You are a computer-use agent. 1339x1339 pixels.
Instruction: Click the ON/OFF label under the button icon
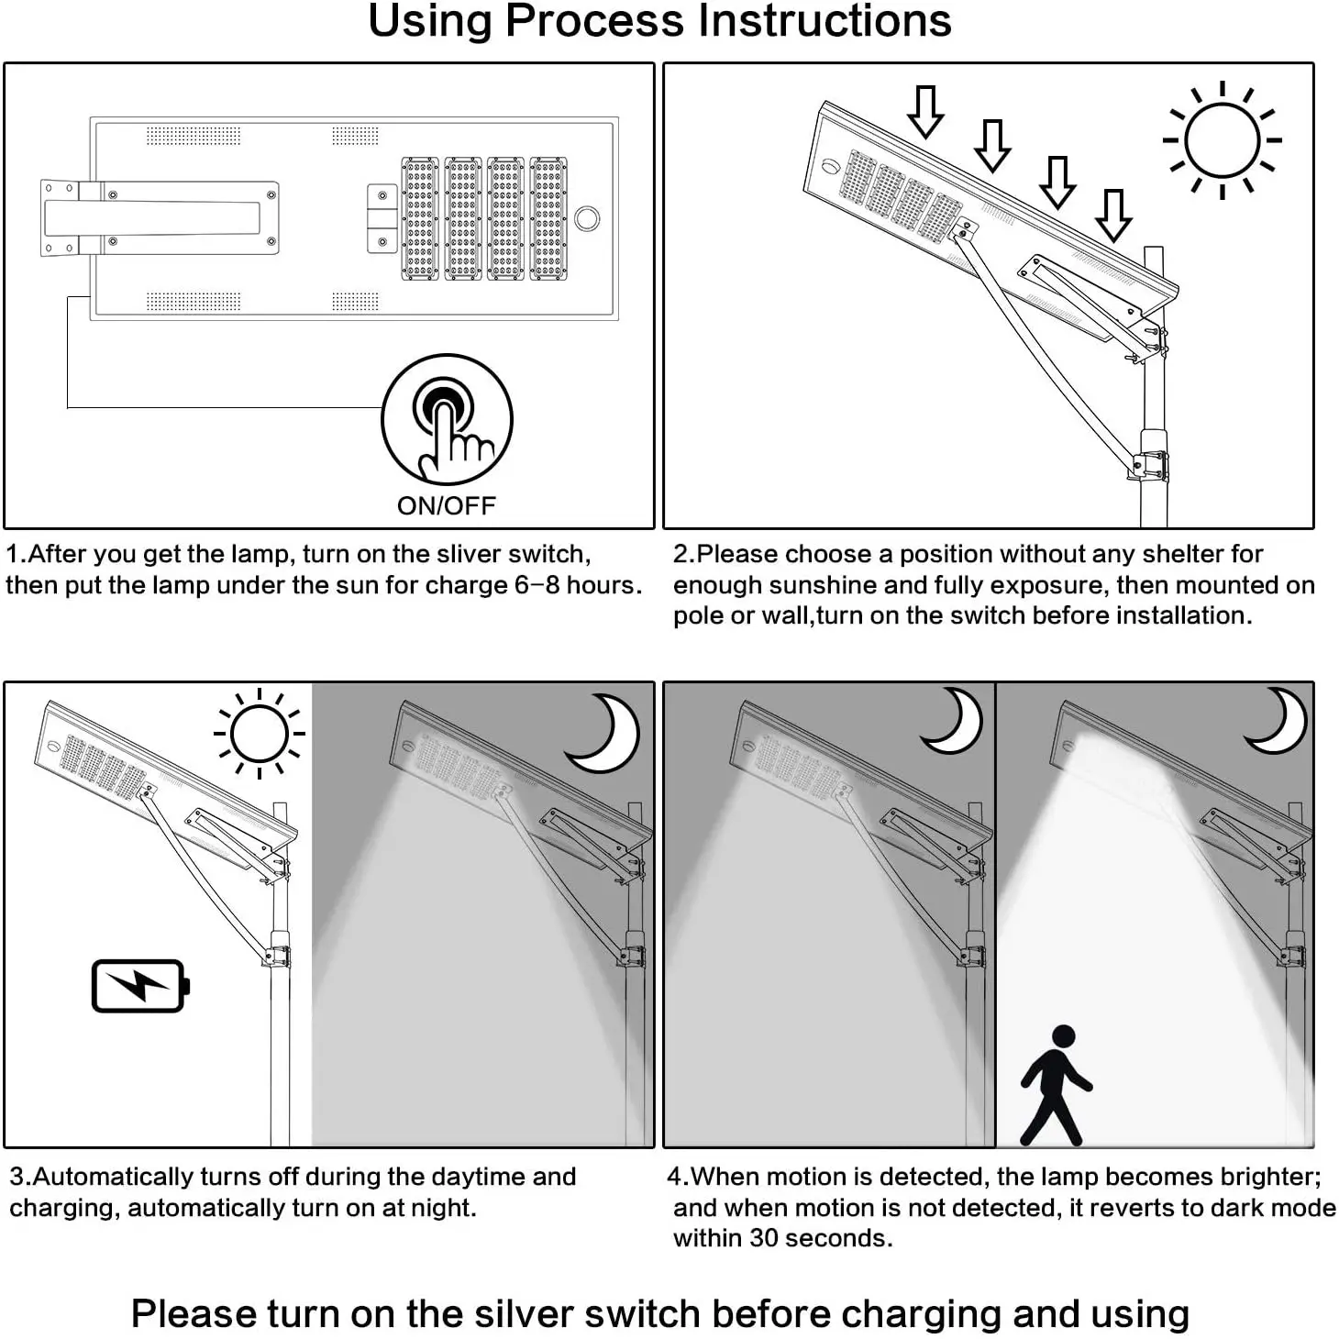tap(446, 505)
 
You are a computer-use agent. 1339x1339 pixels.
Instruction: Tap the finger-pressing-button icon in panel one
tap(447, 419)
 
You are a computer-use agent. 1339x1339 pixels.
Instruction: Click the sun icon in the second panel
tap(1222, 140)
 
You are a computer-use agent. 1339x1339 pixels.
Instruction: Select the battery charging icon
tap(140, 986)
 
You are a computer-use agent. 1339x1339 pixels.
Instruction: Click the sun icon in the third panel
tap(260, 734)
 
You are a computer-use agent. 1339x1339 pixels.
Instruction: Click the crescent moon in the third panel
tap(606, 732)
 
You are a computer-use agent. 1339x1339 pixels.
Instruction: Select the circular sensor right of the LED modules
tap(587, 219)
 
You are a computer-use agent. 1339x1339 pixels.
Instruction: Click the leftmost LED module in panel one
tap(420, 218)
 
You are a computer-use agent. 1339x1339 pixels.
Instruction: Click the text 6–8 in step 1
tap(537, 585)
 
